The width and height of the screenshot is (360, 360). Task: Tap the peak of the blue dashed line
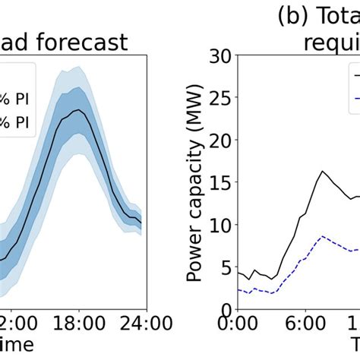(322, 236)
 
